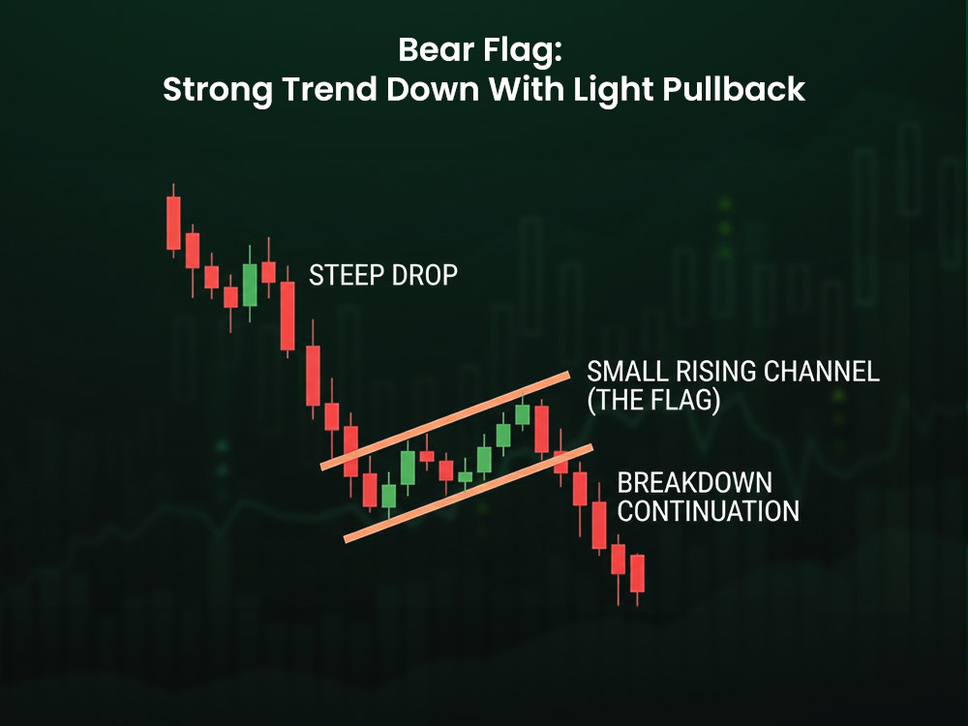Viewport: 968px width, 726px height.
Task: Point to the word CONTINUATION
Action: click(x=709, y=511)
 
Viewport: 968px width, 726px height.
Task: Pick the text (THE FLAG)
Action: click(x=653, y=401)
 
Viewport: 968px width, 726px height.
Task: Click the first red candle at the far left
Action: click(x=173, y=223)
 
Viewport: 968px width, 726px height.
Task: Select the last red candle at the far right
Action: click(x=636, y=573)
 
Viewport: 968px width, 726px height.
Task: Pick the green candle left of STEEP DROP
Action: click(x=250, y=284)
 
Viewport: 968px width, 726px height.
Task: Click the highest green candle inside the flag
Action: click(x=523, y=414)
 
